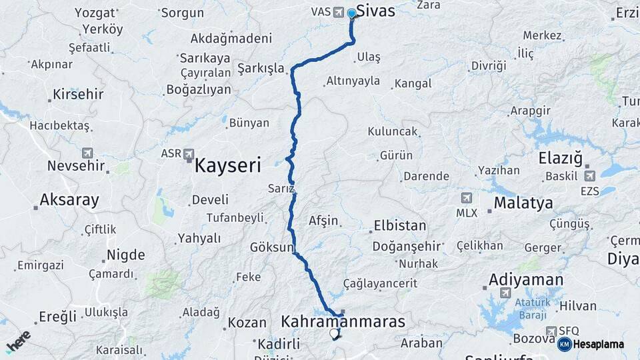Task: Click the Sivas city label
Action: [x=376, y=11]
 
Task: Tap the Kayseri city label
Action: [x=227, y=166]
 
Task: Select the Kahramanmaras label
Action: [x=343, y=322]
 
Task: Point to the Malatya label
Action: [x=523, y=203]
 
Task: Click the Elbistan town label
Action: [x=400, y=225]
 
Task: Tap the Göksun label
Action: [x=271, y=247]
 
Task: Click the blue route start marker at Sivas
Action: [x=352, y=13]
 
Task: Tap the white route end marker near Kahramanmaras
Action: [x=334, y=333]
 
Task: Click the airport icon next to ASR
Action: [x=189, y=153]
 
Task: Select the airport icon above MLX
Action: [x=466, y=198]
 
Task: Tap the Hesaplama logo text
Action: [x=597, y=344]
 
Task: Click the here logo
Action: [x=18, y=341]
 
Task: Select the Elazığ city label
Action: [x=561, y=159]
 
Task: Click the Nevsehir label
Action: [x=76, y=165]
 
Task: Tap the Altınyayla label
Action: [x=353, y=81]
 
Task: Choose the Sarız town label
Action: [x=281, y=188]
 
